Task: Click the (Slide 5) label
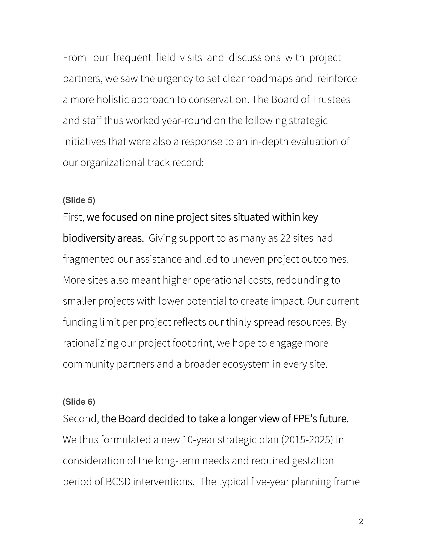(x=79, y=200)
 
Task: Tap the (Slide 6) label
(x=79, y=402)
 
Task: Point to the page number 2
(x=361, y=521)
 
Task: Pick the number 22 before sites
(x=285, y=238)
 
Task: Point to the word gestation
(x=313, y=461)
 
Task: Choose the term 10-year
(x=199, y=440)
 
